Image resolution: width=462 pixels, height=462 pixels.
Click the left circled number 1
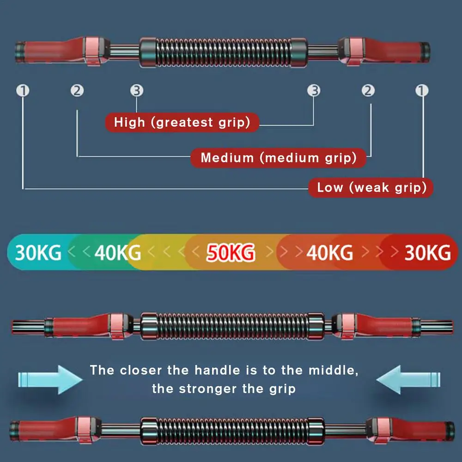pos(23,91)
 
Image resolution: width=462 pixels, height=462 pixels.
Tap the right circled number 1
pos(422,91)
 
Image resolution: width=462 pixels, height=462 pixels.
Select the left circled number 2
pos(77,91)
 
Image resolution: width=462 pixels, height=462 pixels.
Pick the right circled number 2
pos(368,91)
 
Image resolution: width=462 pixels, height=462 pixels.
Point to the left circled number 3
pos(136,91)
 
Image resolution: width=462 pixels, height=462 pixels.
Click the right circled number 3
pos(314,91)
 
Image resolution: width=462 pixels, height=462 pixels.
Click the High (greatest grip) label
pos(182,122)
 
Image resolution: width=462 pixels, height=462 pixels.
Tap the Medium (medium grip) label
pos(278,158)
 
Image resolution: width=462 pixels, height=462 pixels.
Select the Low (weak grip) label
pos(371,188)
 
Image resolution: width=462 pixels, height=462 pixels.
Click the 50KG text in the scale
pos(231,253)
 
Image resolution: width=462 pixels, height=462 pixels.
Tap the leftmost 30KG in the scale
pos(38,253)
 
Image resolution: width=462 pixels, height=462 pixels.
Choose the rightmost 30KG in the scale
pos(427,253)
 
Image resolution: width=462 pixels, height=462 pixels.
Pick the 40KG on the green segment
pos(118,253)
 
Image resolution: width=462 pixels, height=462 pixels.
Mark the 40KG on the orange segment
pos(330,253)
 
